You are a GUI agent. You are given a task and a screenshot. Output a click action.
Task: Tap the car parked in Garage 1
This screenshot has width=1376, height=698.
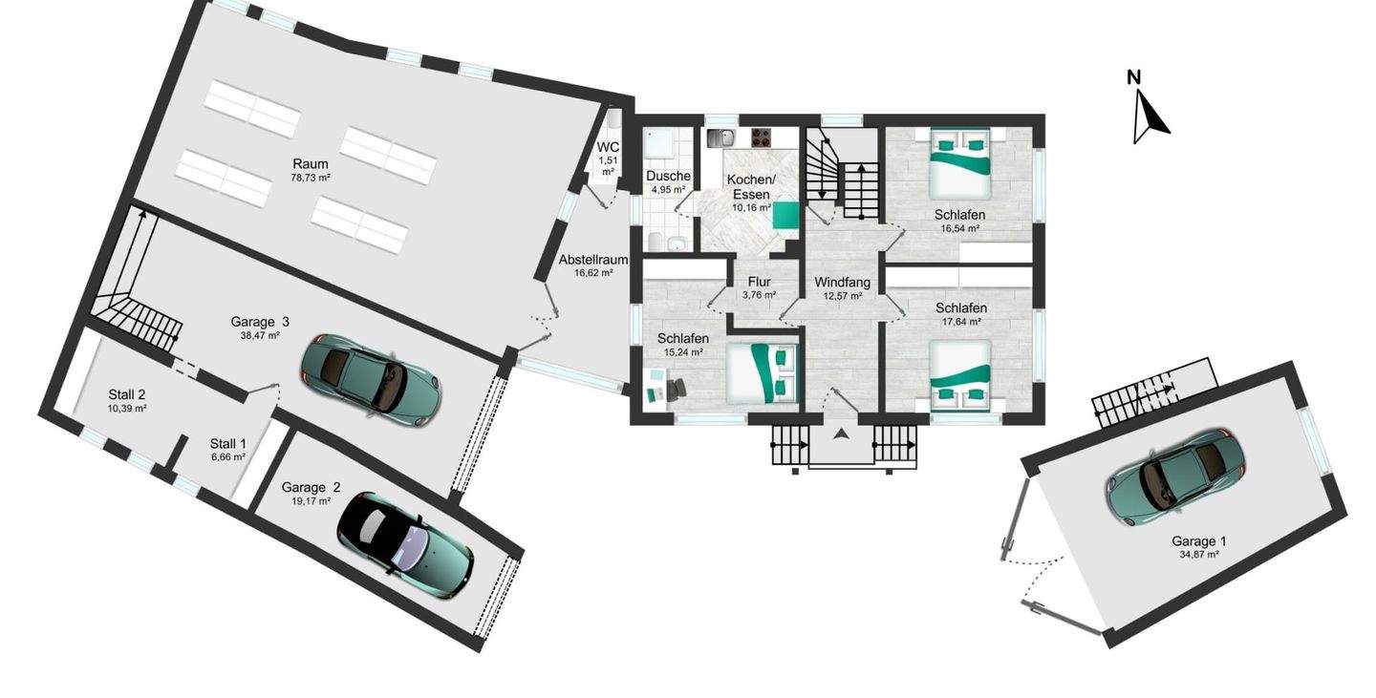click(1175, 477)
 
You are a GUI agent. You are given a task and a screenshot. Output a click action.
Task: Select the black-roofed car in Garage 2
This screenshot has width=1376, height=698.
click(405, 542)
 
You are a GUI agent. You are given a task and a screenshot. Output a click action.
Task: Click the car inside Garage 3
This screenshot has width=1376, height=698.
click(371, 381)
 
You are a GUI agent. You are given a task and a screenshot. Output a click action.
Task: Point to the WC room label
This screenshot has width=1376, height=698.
click(608, 147)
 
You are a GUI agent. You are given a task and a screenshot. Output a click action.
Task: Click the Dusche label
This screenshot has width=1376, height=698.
click(668, 177)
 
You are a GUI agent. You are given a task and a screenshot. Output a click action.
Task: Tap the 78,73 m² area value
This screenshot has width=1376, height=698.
click(311, 178)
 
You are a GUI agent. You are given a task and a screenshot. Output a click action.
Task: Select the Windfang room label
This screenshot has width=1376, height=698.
click(842, 283)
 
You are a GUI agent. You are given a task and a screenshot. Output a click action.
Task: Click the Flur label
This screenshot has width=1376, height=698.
click(760, 282)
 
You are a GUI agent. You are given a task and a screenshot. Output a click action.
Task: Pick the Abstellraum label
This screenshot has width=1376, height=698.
click(593, 260)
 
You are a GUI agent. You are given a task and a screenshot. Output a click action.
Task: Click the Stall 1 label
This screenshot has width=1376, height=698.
click(227, 443)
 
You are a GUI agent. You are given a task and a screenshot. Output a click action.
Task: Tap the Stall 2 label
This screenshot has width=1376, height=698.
click(127, 394)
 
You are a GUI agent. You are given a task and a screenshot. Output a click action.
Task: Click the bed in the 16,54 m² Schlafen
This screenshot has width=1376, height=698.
click(960, 163)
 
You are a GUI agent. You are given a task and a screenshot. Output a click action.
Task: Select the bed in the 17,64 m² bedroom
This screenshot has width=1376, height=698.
click(960, 375)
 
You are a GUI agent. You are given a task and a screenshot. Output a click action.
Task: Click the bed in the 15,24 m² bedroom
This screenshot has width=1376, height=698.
click(761, 373)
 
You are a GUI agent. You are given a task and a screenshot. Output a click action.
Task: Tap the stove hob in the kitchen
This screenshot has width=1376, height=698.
click(761, 137)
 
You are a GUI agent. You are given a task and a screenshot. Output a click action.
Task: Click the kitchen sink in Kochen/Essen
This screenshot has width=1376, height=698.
click(720, 137)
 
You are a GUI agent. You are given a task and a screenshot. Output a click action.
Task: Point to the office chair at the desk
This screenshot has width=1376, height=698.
click(676, 390)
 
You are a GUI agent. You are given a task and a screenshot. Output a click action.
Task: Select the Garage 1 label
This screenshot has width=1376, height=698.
click(1199, 541)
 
